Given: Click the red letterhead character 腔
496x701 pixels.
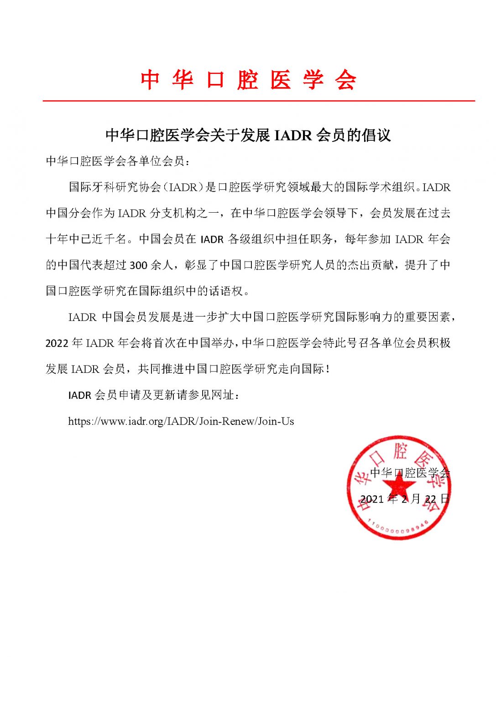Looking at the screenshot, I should [x=248, y=80].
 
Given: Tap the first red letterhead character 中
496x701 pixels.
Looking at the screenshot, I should [x=150, y=80].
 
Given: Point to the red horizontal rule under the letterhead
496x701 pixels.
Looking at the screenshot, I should [x=259, y=100].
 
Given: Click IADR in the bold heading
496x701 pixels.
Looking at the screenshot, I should [x=292, y=136].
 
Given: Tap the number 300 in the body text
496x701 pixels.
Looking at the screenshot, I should [x=139, y=266].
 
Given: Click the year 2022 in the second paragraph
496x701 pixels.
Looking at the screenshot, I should [x=57, y=343].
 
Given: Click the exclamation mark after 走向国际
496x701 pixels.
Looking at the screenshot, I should [x=327, y=369].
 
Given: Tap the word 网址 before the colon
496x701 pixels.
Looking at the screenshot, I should [x=223, y=395].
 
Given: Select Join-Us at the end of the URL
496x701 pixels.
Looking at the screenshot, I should [x=276, y=421].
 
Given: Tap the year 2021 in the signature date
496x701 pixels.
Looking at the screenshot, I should [x=372, y=499].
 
